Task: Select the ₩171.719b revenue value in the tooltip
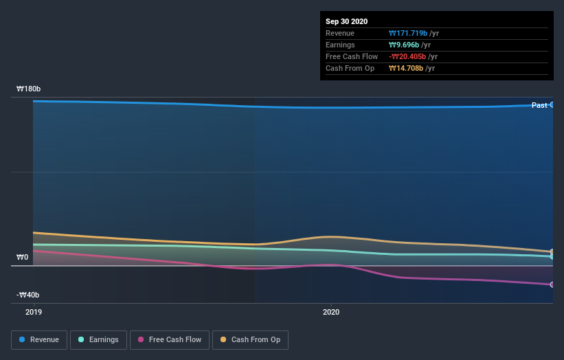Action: point(408,33)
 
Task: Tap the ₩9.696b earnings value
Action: point(405,45)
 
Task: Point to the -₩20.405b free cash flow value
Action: point(408,56)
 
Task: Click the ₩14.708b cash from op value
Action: point(406,68)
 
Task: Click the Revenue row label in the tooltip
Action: point(340,33)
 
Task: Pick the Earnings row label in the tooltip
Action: point(340,45)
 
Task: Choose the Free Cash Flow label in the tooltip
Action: point(352,56)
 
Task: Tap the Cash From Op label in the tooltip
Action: point(350,68)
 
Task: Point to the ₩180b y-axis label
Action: point(29,89)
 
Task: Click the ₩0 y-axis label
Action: point(23,258)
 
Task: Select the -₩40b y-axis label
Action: point(28,295)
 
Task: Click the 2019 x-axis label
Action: point(34,312)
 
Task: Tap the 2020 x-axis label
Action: point(331,312)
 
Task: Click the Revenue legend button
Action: point(40,339)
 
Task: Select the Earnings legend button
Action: point(99,339)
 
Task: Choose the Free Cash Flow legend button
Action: point(170,339)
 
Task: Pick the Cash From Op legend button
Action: point(251,339)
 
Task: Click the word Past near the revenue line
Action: point(539,105)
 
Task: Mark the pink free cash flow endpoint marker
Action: point(552,284)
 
